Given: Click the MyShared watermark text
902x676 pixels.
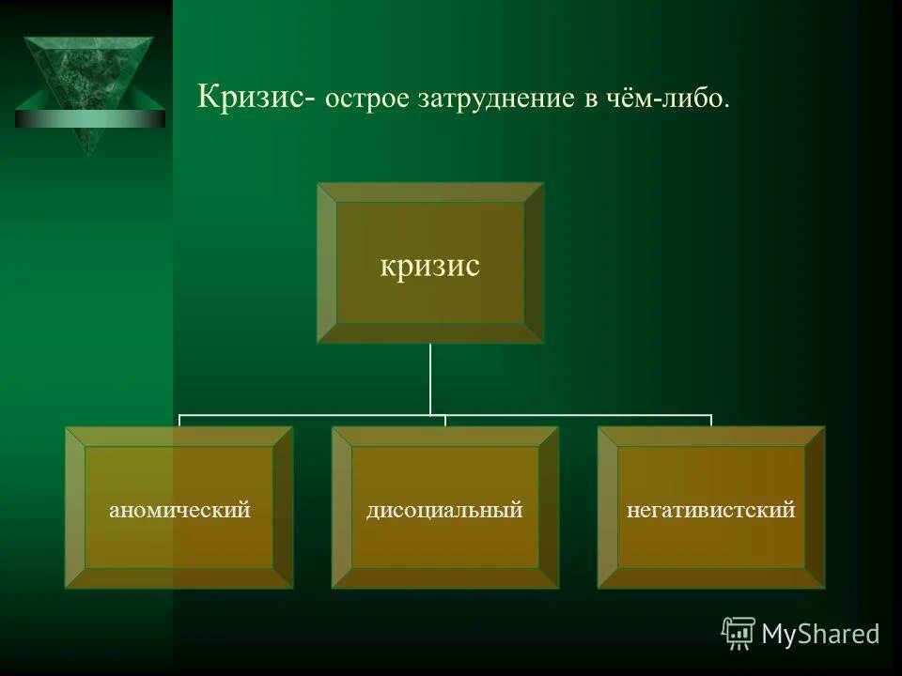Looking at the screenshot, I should [x=819, y=635].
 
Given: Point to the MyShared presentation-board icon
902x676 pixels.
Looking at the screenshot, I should [x=739, y=633].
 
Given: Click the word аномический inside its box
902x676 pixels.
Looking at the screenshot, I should [x=179, y=511].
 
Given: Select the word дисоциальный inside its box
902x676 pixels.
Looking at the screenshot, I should [x=444, y=511].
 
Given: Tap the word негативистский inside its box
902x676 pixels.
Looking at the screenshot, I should [x=711, y=511].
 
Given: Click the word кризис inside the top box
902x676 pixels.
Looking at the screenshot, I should [x=429, y=266].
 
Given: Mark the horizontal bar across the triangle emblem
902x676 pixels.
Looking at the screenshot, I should [x=89, y=118].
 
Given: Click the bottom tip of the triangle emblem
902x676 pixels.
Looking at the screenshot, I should [x=89, y=153].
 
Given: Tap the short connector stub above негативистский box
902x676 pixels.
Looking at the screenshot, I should [x=711, y=421].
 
